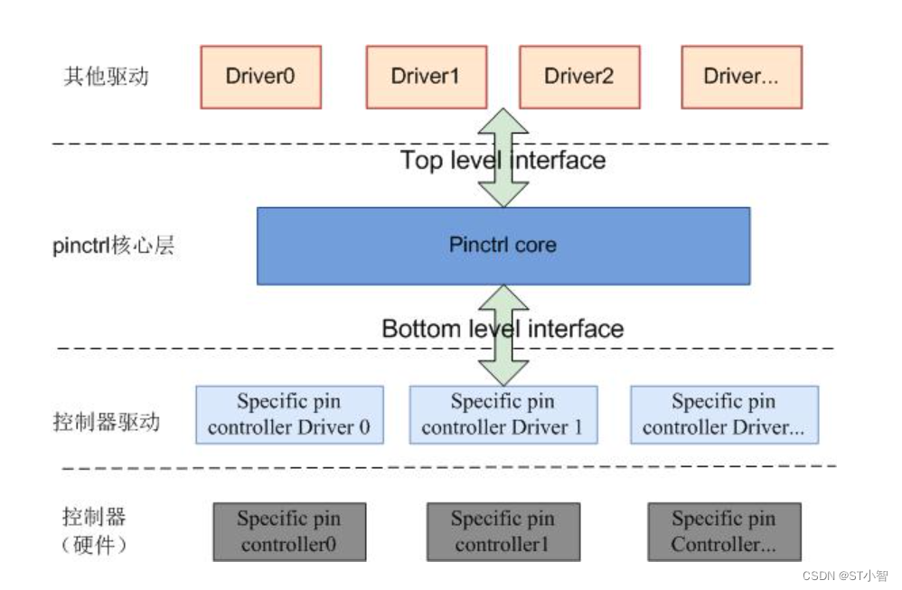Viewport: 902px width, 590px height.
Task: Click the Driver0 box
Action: point(260,76)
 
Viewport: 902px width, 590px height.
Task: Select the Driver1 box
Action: point(425,76)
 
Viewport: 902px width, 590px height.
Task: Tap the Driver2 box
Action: point(578,76)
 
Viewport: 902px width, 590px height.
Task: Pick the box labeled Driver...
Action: point(741,76)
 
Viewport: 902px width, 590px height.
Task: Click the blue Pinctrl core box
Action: point(503,246)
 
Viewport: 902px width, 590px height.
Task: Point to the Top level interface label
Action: point(503,161)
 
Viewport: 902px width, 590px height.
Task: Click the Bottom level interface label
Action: point(503,328)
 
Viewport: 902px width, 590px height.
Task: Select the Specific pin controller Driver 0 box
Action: point(289,415)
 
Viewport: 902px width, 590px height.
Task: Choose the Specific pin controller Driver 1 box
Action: point(503,415)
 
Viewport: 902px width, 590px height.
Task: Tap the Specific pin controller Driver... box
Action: point(724,415)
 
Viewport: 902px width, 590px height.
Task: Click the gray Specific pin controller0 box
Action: point(289,531)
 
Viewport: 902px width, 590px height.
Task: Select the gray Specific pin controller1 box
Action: point(503,531)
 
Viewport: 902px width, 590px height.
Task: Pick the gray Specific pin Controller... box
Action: point(724,531)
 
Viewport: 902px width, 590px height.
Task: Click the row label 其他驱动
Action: point(106,76)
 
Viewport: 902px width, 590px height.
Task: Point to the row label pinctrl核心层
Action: point(113,246)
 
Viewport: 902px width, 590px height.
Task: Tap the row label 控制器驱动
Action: point(106,421)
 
